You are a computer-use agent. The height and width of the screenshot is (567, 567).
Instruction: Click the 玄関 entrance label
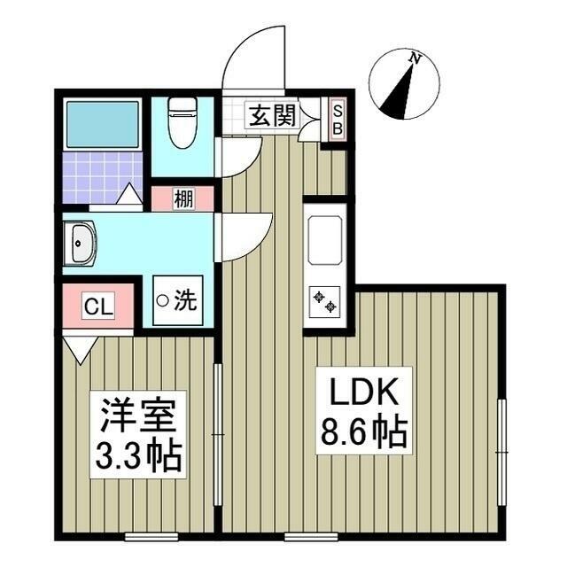(x=271, y=115)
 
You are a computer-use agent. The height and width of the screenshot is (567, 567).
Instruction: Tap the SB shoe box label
(x=337, y=118)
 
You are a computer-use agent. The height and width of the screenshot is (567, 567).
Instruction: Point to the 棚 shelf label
(x=182, y=198)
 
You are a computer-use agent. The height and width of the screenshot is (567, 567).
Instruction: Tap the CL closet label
(x=97, y=307)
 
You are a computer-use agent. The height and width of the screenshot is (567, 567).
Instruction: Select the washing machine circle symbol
(x=162, y=301)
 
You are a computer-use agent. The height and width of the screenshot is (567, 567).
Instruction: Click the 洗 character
(x=184, y=301)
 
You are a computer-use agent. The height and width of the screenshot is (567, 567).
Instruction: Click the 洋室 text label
(x=137, y=415)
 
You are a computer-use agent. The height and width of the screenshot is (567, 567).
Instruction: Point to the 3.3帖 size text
(x=137, y=455)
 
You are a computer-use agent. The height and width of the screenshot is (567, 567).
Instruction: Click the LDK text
(x=360, y=391)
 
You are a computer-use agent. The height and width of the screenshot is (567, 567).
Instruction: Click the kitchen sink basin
(x=324, y=239)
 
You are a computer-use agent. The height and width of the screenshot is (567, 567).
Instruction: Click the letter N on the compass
(x=415, y=58)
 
